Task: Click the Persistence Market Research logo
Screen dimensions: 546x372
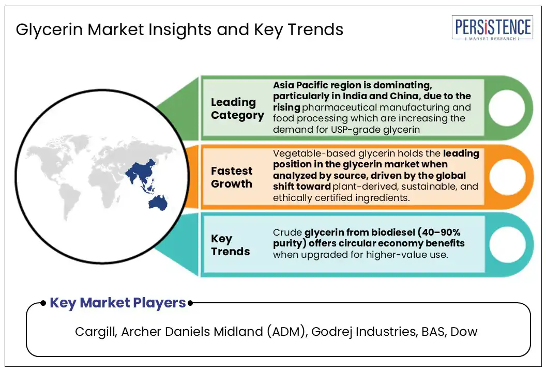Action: pyautogui.click(x=492, y=28)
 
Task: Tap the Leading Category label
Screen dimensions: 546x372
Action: pyautogui.click(x=237, y=109)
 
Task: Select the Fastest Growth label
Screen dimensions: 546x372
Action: pyautogui.click(x=232, y=177)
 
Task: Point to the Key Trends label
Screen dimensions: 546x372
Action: pyautogui.click(x=230, y=245)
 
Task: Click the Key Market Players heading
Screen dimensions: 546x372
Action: pyautogui.click(x=118, y=303)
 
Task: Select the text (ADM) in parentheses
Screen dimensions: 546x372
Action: pyautogui.click(x=287, y=332)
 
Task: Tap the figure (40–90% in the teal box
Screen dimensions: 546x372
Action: pyautogui.click(x=439, y=232)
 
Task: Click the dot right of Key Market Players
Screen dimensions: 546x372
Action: pyautogui.click(x=190, y=303)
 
